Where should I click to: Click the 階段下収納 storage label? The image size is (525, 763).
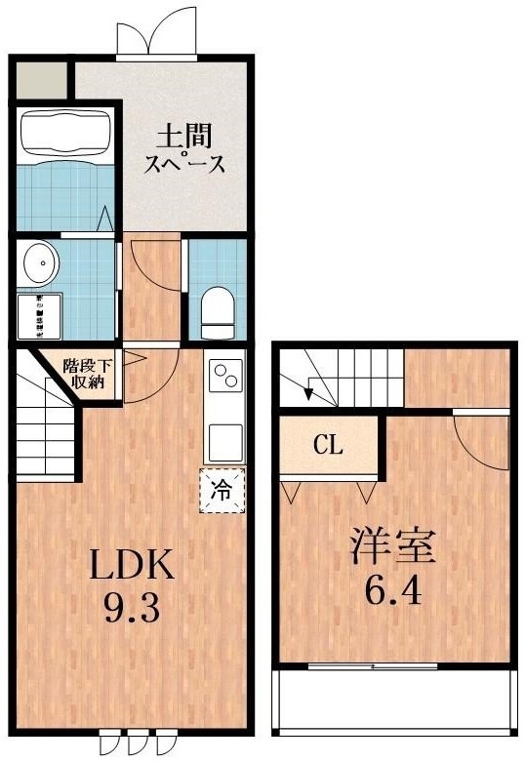88,375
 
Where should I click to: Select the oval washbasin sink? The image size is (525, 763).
41,262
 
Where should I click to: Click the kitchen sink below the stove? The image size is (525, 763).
224,441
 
